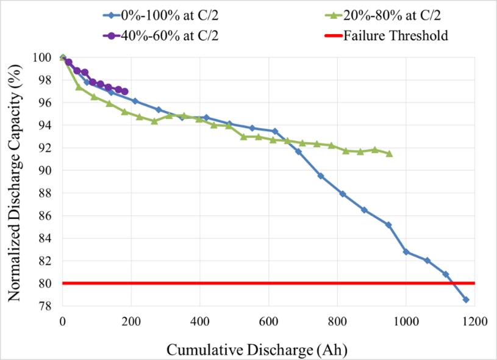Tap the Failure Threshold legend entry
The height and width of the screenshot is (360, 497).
point(396,35)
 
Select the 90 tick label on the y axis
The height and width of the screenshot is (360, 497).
point(45,170)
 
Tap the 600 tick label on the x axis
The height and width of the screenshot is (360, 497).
point(268,322)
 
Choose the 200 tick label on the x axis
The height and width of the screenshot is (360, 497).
point(131,322)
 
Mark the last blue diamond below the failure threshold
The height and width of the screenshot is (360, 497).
point(466,300)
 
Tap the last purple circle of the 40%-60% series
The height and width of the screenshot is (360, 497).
point(124,92)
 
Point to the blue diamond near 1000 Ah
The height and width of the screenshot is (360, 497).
point(406,251)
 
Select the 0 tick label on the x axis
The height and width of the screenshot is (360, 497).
point(62,322)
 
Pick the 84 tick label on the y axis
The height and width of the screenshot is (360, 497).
point(45,238)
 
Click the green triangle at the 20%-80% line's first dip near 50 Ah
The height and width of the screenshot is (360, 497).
point(79,87)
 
